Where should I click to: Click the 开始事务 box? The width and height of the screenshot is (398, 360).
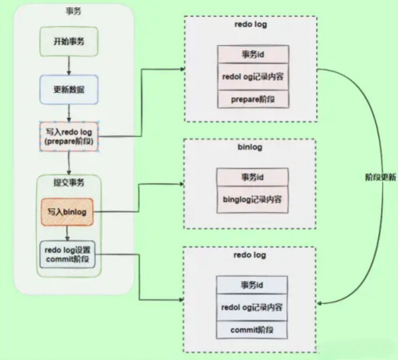(69, 41)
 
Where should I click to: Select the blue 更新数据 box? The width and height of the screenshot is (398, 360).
(69, 89)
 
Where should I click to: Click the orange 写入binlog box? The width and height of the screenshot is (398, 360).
(67, 212)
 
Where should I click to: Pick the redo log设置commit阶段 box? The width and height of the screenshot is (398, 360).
(68, 254)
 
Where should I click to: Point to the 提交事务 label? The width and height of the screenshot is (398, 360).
(69, 182)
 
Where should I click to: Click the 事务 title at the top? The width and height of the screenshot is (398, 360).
(74, 11)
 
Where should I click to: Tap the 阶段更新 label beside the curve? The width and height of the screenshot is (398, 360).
(381, 177)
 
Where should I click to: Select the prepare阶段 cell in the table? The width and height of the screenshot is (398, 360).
(253, 99)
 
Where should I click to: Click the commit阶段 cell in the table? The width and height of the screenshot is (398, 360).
(252, 330)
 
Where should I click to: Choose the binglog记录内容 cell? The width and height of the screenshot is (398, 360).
(252, 199)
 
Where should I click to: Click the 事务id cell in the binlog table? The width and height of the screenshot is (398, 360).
(252, 177)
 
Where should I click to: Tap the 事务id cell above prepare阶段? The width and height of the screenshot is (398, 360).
(253, 54)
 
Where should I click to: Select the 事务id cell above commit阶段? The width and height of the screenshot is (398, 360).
(252, 285)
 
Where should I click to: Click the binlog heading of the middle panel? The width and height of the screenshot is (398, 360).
(250, 147)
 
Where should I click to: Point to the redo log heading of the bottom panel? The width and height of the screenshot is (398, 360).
(250, 255)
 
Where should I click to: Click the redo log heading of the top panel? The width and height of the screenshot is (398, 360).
(251, 24)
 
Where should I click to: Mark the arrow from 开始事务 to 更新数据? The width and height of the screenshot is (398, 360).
(69, 66)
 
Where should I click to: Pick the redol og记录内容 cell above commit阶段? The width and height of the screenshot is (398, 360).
(252, 307)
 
